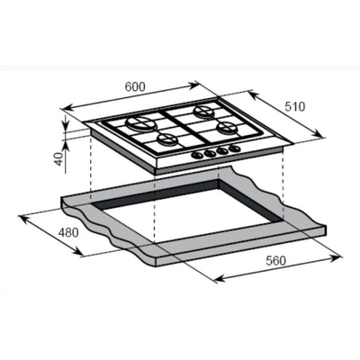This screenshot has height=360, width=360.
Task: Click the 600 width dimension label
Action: (x=135, y=86)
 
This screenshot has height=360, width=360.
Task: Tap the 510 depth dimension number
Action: (x=294, y=106)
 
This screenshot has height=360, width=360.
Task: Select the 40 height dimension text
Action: (x=59, y=158)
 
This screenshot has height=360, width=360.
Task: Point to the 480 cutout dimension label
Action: (x=68, y=232)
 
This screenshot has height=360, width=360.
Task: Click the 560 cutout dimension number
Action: (x=276, y=261)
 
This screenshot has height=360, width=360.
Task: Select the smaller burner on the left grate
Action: (x=166, y=139)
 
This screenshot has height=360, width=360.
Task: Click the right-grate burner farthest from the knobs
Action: (x=205, y=112)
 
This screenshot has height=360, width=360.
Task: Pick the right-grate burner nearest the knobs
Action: (x=226, y=129)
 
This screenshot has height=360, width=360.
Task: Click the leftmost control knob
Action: (x=197, y=155)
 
